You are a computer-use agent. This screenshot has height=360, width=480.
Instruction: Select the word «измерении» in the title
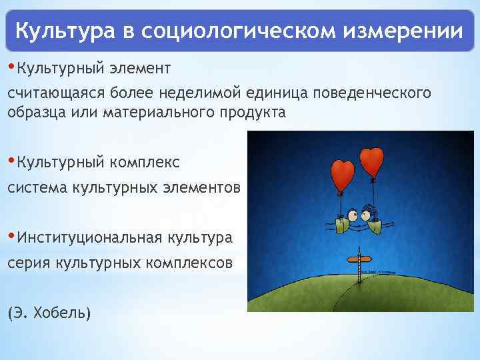pos(405,31)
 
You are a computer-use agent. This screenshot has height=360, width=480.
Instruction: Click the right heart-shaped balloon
pos(371,159)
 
